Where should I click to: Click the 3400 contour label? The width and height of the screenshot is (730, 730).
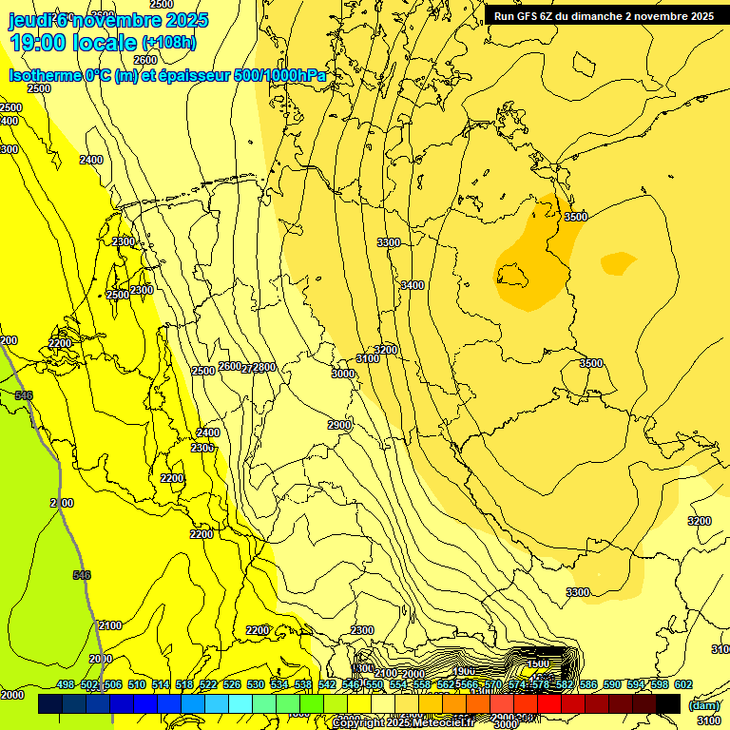coord(413,285)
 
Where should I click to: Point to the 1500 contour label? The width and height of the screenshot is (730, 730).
coord(538,663)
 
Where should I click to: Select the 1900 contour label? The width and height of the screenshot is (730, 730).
coord(464,672)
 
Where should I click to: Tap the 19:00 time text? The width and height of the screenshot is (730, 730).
coord(38,43)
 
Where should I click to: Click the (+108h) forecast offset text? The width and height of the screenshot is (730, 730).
coord(169,43)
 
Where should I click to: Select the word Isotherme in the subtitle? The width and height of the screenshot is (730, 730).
coord(45,76)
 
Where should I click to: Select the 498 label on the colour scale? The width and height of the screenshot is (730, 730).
coord(66,684)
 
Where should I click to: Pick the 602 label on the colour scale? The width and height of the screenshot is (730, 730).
coord(683,684)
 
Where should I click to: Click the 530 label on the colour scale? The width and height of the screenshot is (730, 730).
coord(256,684)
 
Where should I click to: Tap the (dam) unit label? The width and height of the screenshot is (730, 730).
coord(703,705)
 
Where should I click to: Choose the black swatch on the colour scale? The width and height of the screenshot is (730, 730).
coord(668,703)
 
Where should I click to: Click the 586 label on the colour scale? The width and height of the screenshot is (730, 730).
coord(588,684)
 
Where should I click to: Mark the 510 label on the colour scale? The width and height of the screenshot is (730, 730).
coord(137,684)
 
